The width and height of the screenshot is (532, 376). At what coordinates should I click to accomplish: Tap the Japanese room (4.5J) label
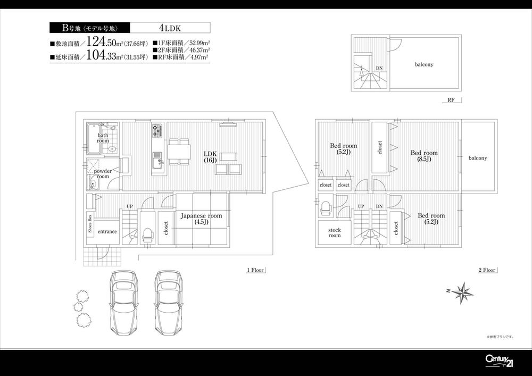[201, 219]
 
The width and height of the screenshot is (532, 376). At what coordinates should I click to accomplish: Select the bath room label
[103, 138]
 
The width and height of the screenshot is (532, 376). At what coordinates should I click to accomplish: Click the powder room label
[103, 173]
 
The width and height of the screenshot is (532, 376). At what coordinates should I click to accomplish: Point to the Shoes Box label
[90, 224]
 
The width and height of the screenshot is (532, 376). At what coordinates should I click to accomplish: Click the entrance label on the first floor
[107, 232]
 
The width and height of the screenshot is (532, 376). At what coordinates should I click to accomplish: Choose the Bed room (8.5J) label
[424, 156]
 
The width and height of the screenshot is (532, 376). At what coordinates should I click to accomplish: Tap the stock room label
[334, 232]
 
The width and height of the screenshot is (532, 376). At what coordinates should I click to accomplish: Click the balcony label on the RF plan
[424, 64]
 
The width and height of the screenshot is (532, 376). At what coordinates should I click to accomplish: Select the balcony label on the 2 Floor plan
[478, 158]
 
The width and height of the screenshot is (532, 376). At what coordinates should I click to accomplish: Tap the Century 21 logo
[499, 360]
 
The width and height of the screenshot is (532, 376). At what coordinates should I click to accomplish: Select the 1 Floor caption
[255, 270]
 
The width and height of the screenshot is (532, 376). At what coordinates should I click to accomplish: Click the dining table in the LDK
[178, 152]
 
